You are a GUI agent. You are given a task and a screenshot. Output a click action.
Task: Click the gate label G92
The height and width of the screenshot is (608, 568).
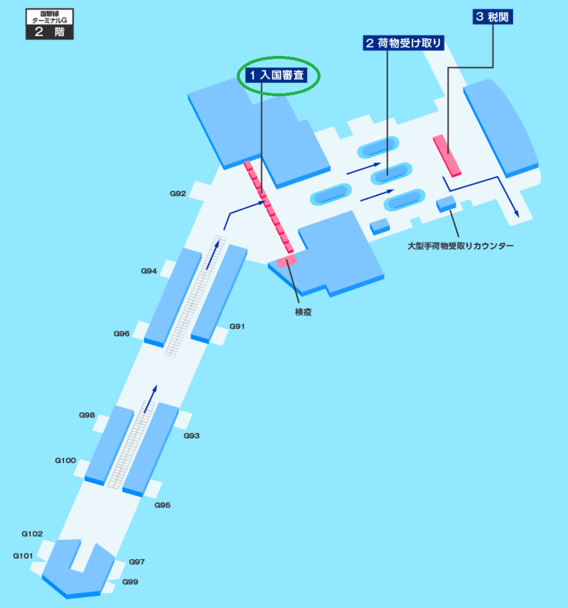(x=178, y=194)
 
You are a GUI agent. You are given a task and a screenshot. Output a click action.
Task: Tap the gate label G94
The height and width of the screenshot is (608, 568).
(x=149, y=271)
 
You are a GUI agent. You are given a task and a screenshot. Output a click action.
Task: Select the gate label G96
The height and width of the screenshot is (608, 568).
(x=122, y=334)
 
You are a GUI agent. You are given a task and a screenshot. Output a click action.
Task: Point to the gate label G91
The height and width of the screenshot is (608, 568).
(x=237, y=326)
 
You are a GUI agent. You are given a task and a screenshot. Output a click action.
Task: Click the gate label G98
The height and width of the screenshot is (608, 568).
(x=87, y=415)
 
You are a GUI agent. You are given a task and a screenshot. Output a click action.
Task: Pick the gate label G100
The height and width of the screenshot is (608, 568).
(x=65, y=460)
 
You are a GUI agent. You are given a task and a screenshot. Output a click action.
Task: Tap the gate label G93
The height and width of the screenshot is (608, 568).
(x=191, y=436)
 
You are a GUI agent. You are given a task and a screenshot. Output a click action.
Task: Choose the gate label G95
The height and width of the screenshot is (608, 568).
(x=163, y=505)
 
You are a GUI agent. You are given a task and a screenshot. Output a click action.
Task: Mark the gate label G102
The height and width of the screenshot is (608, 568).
(x=32, y=534)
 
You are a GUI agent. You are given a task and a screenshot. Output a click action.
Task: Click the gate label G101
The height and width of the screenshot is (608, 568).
(x=23, y=556)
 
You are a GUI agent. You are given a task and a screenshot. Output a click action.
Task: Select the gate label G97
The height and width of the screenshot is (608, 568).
(x=137, y=562)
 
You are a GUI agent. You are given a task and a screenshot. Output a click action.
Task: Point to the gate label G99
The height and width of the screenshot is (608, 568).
(x=131, y=582)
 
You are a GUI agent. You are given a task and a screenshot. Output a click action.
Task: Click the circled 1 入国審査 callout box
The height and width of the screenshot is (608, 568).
(x=278, y=75)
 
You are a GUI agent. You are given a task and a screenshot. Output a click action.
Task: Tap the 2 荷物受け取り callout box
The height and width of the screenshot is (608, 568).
(x=404, y=42)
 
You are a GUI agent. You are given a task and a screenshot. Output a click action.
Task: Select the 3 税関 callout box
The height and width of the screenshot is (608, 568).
(x=493, y=17)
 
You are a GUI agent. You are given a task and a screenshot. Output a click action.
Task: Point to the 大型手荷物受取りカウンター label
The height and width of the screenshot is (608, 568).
(x=461, y=245)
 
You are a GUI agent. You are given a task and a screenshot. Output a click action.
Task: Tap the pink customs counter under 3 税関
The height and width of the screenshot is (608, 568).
(x=448, y=156)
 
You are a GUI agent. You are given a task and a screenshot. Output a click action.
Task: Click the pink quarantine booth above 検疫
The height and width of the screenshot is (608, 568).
(x=287, y=262)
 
